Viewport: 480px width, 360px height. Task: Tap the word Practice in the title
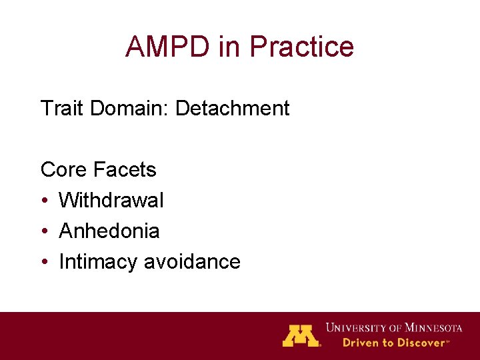coord(302,47)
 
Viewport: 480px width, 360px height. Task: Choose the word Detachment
coord(232,108)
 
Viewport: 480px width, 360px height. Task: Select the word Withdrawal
coord(111,200)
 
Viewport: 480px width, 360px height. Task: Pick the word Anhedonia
coord(109,231)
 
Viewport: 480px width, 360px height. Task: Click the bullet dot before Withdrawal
coord(44,201)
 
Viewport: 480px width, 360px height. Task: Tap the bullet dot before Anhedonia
coord(44,231)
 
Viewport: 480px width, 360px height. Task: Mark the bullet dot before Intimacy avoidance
coord(44,262)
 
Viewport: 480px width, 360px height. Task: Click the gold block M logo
coord(301,335)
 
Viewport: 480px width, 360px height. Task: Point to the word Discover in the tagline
coord(421,343)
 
